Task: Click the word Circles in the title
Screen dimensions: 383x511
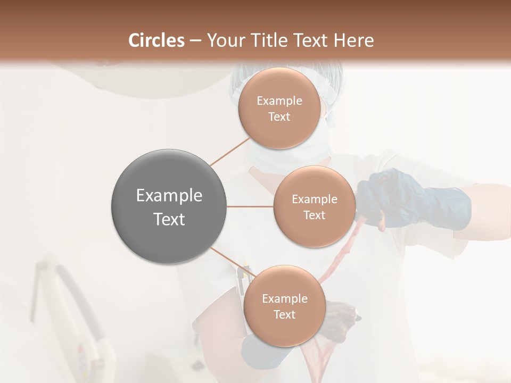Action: tap(156, 40)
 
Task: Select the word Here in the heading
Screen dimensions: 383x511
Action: tap(353, 40)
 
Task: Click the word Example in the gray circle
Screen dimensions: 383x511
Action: tap(169, 196)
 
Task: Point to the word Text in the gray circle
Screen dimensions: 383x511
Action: tap(169, 219)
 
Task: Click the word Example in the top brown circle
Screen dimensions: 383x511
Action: tap(279, 101)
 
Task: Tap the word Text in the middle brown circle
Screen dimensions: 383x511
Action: tap(314, 215)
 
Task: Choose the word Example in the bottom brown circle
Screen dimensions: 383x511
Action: tap(284, 299)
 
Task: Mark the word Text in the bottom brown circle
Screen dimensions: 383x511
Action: tap(284, 315)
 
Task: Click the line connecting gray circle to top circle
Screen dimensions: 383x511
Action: tap(230, 152)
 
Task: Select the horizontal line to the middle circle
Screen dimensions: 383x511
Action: tap(250, 206)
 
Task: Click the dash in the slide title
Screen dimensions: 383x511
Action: tap(195, 40)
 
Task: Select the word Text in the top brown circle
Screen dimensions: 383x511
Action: tap(279, 117)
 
